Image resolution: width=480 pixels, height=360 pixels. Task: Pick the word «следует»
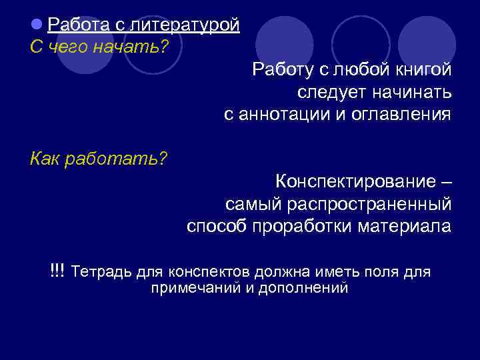pos(328,91)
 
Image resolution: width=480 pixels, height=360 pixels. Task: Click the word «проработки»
pos(303,226)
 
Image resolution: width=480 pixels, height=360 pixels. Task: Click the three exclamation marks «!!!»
pos(57,271)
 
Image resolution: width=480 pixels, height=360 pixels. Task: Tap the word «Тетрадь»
pos(101,272)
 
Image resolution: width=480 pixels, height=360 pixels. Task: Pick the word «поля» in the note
pos(391,272)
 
